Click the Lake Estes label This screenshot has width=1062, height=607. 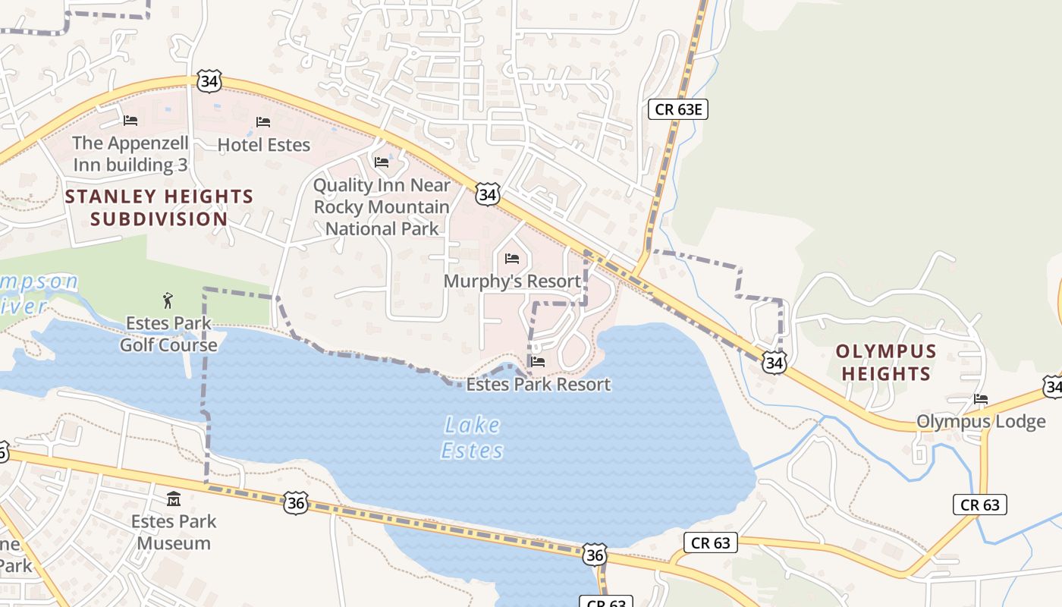click(x=472, y=438)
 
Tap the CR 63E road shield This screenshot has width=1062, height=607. click(x=678, y=109)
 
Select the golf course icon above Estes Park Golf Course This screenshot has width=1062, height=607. click(x=168, y=300)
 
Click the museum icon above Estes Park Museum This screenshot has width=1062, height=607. click(x=174, y=499)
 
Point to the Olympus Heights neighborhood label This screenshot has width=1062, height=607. click(x=886, y=363)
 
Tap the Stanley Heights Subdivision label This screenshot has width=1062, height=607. click(x=159, y=208)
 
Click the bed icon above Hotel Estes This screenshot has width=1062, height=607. click(x=263, y=121)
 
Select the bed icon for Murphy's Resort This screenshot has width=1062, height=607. click(x=512, y=259)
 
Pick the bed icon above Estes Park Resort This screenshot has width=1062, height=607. click(x=538, y=362)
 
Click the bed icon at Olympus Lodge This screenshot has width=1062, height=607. click(x=981, y=399)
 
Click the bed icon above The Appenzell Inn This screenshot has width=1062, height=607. click(x=130, y=120)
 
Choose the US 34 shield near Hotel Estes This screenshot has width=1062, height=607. click(x=209, y=81)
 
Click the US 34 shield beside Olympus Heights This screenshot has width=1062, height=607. click(x=774, y=363)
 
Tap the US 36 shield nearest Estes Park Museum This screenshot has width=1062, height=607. click(x=296, y=502)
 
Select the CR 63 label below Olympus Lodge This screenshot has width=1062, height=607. click(x=979, y=505)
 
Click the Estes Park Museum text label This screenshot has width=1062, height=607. click(x=174, y=532)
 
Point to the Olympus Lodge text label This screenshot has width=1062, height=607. click(x=981, y=421)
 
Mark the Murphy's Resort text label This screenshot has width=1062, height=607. click(x=512, y=281)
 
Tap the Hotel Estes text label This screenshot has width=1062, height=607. click(x=263, y=144)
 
